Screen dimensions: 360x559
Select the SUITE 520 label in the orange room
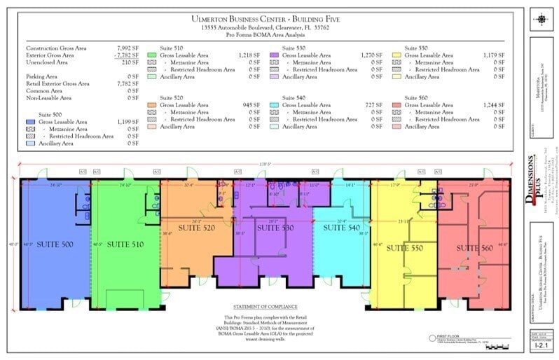197,228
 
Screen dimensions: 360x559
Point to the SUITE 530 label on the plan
276,228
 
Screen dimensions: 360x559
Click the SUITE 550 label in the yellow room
407,248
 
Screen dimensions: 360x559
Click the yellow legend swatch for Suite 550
396,54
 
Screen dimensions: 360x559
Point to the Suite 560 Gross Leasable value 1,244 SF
494,105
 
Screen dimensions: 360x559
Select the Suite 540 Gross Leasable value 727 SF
373,105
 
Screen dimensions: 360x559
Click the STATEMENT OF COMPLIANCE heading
265,307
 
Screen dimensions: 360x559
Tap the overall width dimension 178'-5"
265,165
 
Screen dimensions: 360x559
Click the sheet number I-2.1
541,345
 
